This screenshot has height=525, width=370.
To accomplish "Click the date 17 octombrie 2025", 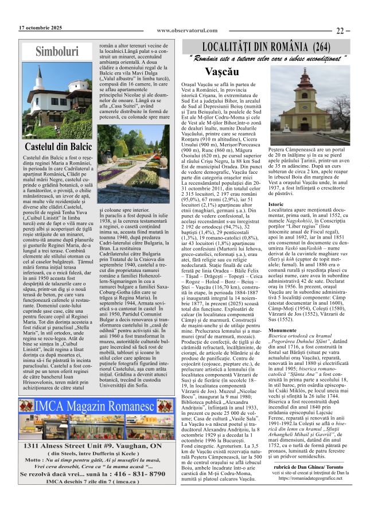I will point(40,28).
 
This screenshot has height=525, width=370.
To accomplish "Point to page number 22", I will point(342,30).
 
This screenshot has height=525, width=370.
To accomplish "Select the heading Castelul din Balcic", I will point(57,147).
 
